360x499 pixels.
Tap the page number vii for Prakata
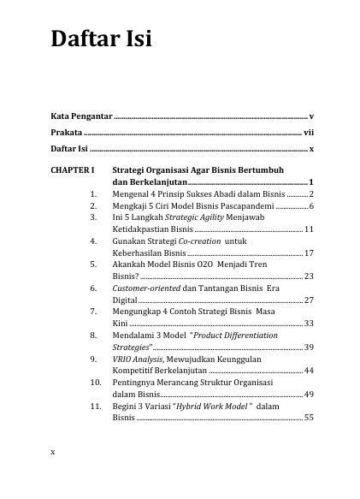coord(309,132)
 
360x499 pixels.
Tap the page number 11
coord(310,230)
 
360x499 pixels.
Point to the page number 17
coord(310,254)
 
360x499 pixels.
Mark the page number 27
coord(310,301)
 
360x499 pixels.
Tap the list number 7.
coord(92,312)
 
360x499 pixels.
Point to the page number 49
coord(310,395)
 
